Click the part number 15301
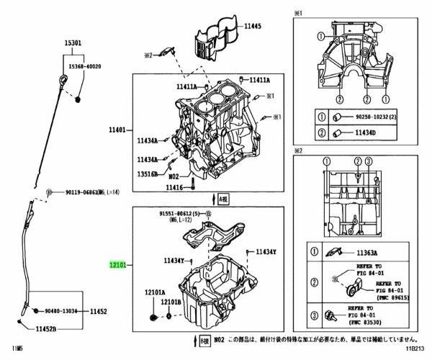tap(73, 44)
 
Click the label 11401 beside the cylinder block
tap(117, 130)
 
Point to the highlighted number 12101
tap(117, 266)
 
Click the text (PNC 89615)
tap(392, 296)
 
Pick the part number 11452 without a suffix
tap(98, 312)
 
